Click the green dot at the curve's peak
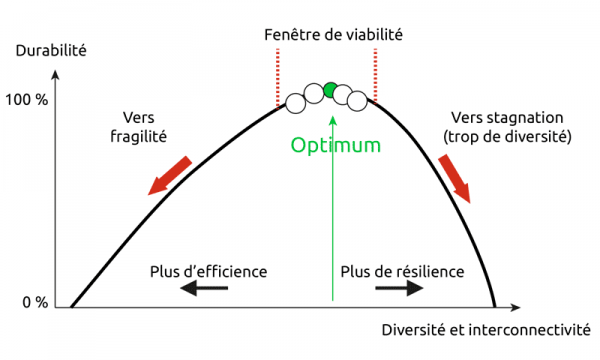click(x=331, y=90)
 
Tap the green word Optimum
click(x=336, y=145)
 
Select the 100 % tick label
click(x=27, y=102)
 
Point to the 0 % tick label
click(x=35, y=303)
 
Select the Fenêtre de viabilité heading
click(x=333, y=33)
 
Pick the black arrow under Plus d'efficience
click(x=204, y=288)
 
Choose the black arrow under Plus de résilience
click(x=398, y=288)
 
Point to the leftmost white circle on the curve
click(x=295, y=102)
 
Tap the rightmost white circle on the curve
click(x=357, y=101)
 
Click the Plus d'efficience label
click(x=209, y=271)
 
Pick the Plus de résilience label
click(x=402, y=271)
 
